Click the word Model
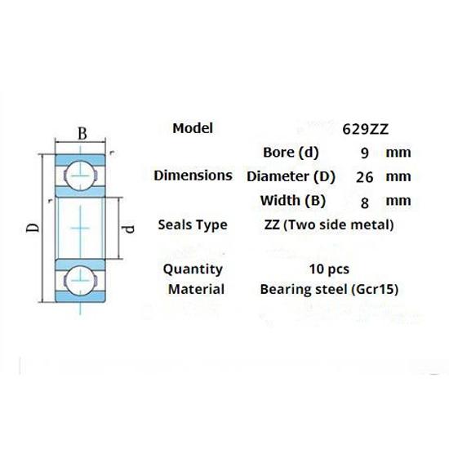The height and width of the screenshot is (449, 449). coord(193,128)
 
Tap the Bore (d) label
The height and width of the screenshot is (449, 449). coord(291,152)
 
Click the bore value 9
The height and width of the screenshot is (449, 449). coord(364,153)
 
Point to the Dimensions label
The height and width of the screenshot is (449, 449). coord(193,176)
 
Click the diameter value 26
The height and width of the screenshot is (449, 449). coord(364,176)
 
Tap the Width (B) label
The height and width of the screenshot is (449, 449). coord(291,200)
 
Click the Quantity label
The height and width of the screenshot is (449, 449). coord(193,269)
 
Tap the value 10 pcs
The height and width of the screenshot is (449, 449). coord(329,269)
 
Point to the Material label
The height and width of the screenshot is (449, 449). coord(196,289)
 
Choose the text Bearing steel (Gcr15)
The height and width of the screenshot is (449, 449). coord(329,289)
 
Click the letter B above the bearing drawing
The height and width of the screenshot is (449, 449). coord(81,133)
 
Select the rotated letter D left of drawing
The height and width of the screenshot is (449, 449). coord(31,227)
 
